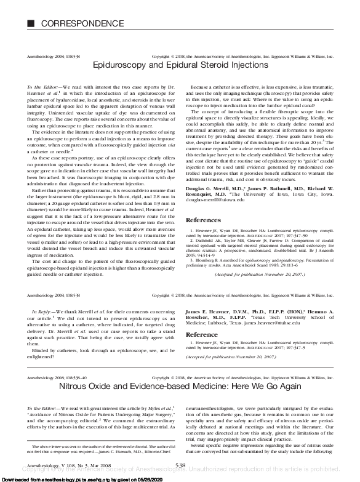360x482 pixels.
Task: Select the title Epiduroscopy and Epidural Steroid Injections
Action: point(179,64)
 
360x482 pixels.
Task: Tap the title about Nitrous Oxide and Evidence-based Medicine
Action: point(179,387)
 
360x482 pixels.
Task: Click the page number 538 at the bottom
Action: point(180,465)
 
